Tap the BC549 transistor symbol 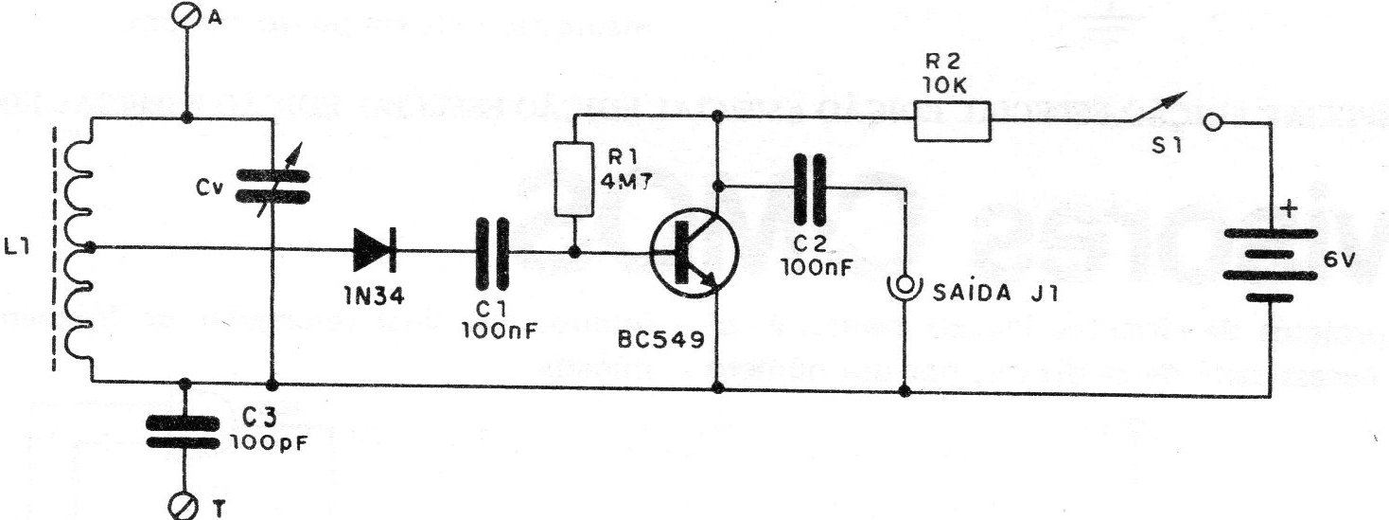pyautogui.click(x=694, y=251)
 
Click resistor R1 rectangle pyautogui.click(x=574, y=179)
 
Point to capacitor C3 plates pyautogui.click(x=187, y=431)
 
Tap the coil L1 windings pyautogui.click(x=83, y=248)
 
